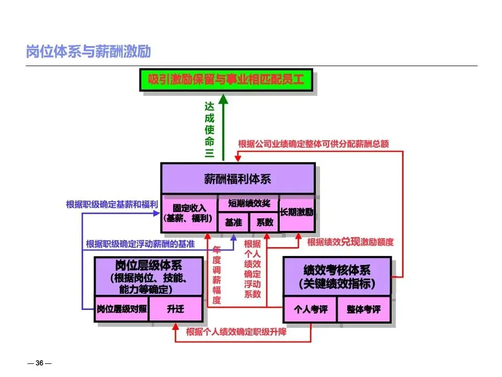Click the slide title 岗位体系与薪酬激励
click(88, 52)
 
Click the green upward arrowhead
click(223, 99)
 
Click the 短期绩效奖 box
click(248, 203)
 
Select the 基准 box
click(233, 222)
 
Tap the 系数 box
click(264, 222)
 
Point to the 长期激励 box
click(296, 213)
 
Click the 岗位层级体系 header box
click(149, 276)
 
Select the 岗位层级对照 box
click(122, 309)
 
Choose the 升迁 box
click(176, 309)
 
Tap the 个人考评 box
click(310, 309)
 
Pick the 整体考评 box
click(363, 309)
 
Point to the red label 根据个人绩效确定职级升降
click(236, 332)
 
